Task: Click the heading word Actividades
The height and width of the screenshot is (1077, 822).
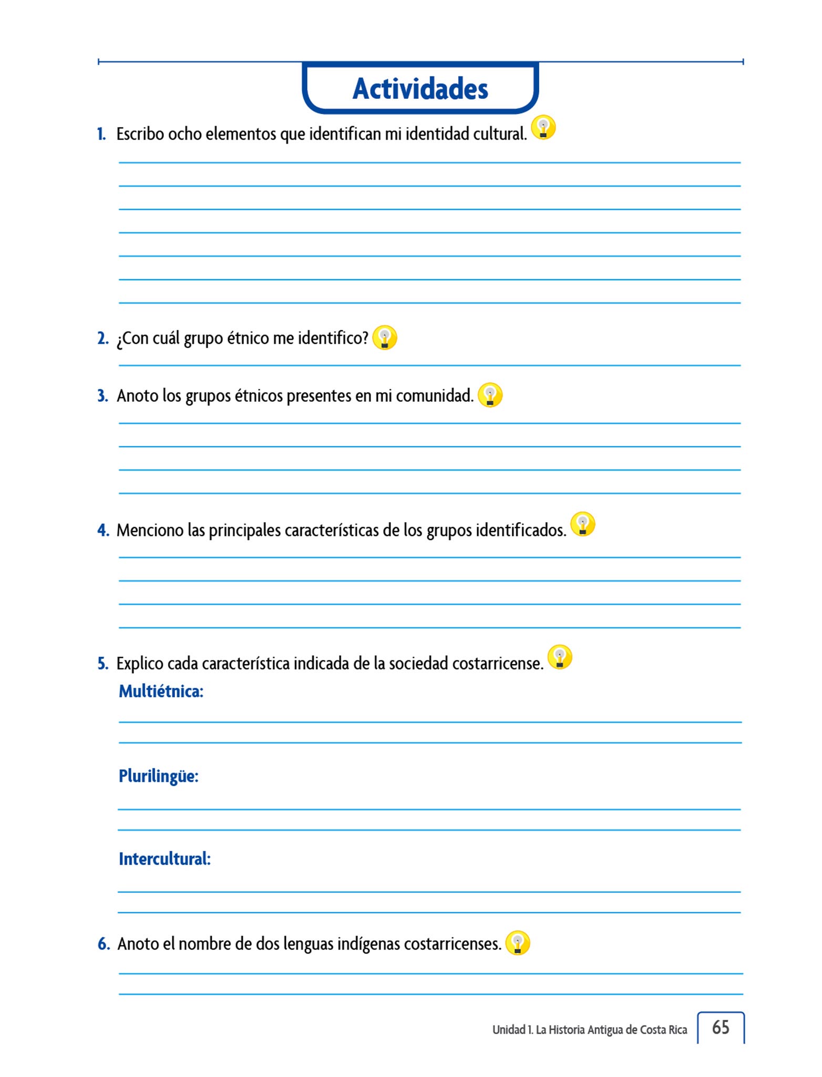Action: click(x=420, y=88)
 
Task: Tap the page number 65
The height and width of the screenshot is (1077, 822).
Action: click(x=720, y=1027)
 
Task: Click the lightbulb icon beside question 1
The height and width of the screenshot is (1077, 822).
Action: click(x=543, y=127)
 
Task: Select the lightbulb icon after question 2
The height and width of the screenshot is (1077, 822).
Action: click(x=384, y=337)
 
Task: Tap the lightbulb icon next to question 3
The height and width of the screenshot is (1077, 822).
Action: click(x=490, y=395)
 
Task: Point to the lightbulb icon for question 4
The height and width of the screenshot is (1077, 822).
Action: click(x=582, y=524)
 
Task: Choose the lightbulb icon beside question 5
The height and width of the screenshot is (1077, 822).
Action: click(x=559, y=657)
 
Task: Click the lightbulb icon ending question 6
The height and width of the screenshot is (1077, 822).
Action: click(x=517, y=943)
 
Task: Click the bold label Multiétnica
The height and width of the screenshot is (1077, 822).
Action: click(x=161, y=691)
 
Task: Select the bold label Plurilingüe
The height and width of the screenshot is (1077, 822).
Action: click(x=158, y=776)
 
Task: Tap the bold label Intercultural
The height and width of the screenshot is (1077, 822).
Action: click(x=165, y=859)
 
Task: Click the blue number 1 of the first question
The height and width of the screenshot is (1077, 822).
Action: click(x=101, y=134)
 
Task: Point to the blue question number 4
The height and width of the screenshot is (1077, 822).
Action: click(x=103, y=530)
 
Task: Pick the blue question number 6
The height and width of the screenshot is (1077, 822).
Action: click(x=104, y=944)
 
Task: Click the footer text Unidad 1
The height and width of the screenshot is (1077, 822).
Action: click(x=511, y=1030)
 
